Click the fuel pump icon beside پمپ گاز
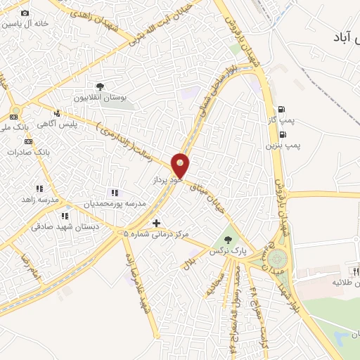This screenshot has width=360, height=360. coord(282,109)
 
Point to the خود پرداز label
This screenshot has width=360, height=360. coord(167,181)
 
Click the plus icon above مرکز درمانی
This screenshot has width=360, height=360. coord(156,222)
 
